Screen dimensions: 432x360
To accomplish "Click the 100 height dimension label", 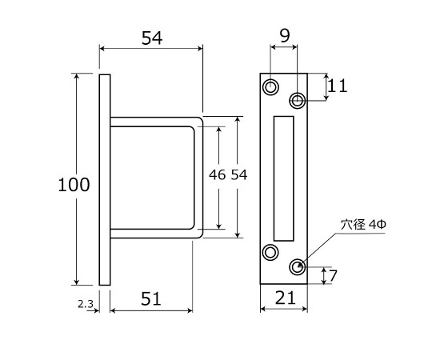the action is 74,185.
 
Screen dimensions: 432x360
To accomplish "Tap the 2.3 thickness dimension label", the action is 86,304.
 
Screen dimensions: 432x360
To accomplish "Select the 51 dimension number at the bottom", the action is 151,298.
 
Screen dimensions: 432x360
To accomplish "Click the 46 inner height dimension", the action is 217,174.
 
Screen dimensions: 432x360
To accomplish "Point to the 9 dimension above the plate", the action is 285,36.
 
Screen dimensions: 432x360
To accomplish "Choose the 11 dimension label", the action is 338,86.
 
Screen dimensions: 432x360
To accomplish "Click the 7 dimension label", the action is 333,276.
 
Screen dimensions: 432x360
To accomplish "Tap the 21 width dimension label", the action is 285,298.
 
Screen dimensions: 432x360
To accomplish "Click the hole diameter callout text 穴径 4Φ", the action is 363,225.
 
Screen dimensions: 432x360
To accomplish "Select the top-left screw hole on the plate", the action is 270,86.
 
